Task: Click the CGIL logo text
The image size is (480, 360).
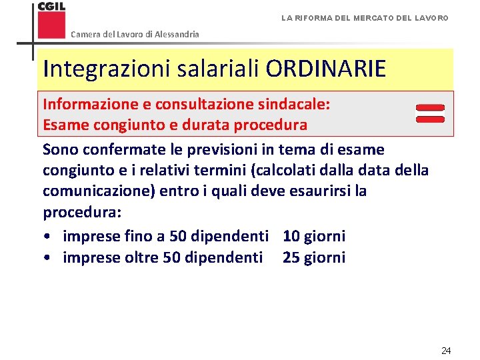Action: point(51,7)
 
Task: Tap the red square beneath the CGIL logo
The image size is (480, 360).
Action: point(52,25)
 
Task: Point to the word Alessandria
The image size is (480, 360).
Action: point(177,34)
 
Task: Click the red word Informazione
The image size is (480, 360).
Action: point(91,105)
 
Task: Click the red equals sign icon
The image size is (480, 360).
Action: point(430,113)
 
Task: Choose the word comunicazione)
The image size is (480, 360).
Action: point(99,191)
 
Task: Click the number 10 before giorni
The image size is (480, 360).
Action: point(291,236)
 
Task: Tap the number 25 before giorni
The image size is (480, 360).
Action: point(291,257)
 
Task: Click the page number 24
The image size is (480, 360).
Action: point(446,350)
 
